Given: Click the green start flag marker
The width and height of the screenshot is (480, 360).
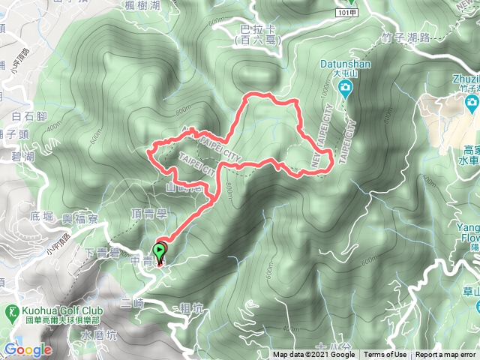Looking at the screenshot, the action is (160, 250).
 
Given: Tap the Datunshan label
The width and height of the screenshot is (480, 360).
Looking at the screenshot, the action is (345, 64).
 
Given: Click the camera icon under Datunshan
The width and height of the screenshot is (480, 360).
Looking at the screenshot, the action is (345, 90).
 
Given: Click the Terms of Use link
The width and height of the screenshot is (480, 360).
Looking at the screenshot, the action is (385, 355).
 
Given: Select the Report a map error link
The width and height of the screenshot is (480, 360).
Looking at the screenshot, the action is (445, 355).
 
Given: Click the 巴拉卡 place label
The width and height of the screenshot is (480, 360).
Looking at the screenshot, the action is (255, 29).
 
